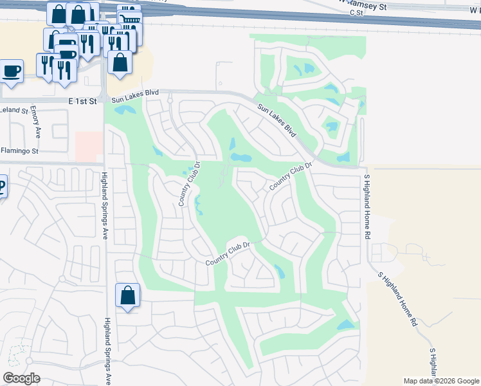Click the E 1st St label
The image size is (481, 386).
click(x=82, y=101)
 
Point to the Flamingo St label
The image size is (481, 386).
click(x=20, y=151)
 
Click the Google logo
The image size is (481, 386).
click(x=21, y=378)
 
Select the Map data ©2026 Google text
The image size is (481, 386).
click(x=441, y=381)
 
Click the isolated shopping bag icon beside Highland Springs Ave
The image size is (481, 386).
click(x=128, y=296)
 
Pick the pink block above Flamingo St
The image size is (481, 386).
click(x=89, y=147)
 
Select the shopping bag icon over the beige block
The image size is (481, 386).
click(x=120, y=62)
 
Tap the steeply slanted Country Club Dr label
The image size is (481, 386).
click(x=291, y=175)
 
